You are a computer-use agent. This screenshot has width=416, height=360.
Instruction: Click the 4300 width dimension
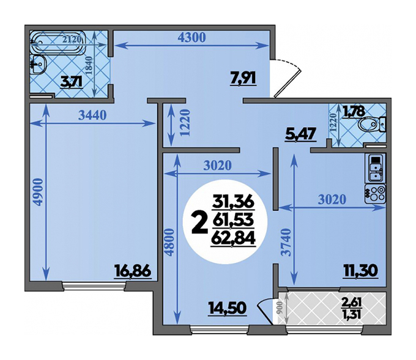(191, 38)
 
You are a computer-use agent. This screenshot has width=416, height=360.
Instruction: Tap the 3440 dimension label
(92, 115)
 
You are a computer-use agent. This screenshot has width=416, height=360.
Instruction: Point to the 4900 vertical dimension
(38, 192)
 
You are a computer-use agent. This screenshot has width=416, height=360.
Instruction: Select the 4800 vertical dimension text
(169, 242)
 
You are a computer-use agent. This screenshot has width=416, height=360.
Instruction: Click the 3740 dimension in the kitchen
(286, 242)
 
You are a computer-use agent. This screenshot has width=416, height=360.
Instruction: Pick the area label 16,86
(133, 271)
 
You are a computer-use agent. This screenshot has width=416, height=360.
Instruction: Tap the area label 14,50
(228, 308)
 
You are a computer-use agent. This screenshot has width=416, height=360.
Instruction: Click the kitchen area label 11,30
(360, 271)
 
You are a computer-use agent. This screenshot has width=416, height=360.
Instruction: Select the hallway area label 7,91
(243, 78)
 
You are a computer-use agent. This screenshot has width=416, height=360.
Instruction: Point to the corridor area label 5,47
(300, 134)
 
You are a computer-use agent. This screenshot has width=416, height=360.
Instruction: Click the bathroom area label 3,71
(71, 82)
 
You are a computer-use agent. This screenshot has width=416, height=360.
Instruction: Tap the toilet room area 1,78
(354, 111)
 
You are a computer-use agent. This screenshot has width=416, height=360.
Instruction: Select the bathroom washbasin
(39, 65)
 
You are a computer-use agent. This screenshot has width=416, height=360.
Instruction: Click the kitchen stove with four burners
(375, 194)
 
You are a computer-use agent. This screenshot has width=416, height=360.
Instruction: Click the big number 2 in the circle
(200, 224)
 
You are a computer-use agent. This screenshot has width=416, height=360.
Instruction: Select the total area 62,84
(233, 238)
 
